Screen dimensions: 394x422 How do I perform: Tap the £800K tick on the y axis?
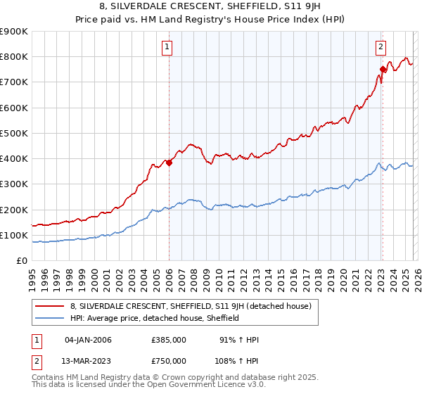pos(14,56)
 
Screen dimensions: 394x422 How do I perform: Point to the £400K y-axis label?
pos(14,158)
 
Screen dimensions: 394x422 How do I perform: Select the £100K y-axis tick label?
pos(14,235)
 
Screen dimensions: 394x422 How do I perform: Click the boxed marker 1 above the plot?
pos(168,47)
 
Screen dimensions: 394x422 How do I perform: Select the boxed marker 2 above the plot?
pos(381,47)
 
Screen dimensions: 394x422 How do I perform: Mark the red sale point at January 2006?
pos(170,163)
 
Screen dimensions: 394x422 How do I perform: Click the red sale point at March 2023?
pos(383,69)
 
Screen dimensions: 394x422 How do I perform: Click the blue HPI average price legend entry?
pos(155,318)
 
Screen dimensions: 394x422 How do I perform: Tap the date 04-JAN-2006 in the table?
pos(88,340)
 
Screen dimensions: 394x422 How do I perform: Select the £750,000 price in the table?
pos(169,360)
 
